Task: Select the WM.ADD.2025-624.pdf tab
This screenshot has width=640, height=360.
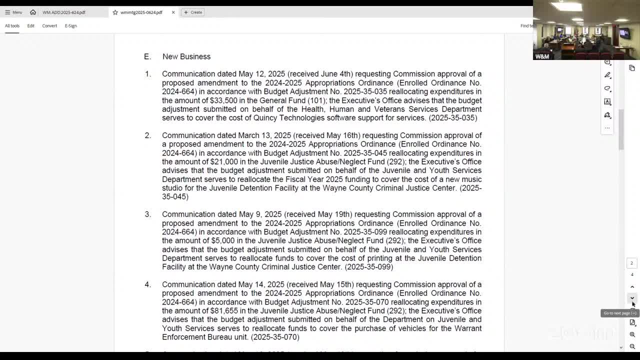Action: [63, 12]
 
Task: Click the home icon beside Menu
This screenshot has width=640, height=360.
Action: [33, 12]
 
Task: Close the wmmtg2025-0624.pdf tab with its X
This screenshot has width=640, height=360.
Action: [173, 12]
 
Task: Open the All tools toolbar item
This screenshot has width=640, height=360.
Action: [12, 25]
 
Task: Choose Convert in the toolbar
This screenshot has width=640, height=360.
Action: [49, 25]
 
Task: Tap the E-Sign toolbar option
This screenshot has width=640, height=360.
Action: [70, 25]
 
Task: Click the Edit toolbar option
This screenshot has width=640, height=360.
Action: [30, 25]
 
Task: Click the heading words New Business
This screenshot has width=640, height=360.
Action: [186, 56]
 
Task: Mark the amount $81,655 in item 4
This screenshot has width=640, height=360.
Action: [224, 310]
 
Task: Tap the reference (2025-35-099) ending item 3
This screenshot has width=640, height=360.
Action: [369, 267]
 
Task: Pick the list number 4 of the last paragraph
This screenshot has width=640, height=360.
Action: [147, 284]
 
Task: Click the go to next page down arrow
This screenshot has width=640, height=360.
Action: [632, 298]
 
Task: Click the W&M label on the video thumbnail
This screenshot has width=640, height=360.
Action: [542, 56]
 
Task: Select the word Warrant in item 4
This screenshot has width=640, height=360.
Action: [468, 328]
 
